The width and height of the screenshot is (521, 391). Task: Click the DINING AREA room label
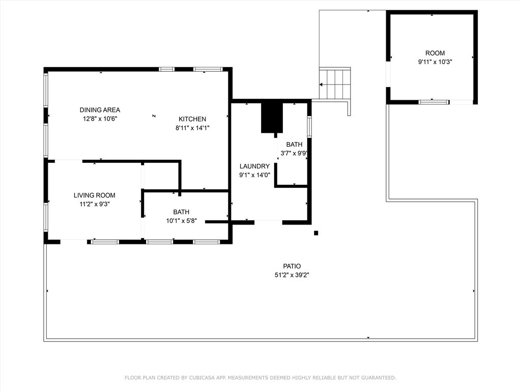point(100,110)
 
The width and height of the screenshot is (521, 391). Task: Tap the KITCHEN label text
point(192,119)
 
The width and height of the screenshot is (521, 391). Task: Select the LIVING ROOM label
point(94,195)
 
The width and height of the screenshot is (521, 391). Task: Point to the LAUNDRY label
point(254,166)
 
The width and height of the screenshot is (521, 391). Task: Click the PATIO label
point(292,266)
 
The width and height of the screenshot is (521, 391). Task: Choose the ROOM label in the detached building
point(435,53)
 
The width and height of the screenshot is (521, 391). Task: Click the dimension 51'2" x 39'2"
point(292,275)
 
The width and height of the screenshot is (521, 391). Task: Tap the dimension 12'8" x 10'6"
point(100,119)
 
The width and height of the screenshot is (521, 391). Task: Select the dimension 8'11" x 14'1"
point(192,128)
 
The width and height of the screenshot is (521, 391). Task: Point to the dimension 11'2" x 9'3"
point(94,204)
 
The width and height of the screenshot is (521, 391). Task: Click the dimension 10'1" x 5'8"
point(181,221)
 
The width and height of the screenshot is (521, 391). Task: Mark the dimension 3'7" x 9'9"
point(294,153)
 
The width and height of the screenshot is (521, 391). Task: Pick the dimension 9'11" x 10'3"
point(435,62)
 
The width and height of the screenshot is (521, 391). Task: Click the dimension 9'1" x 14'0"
point(254,175)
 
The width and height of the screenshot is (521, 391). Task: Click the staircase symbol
point(335,84)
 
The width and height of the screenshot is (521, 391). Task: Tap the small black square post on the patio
point(316,233)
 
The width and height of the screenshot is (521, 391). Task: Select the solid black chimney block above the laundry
point(272,117)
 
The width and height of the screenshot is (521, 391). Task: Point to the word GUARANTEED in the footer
point(377,378)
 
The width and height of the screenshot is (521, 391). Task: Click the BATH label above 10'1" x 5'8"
point(181,212)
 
